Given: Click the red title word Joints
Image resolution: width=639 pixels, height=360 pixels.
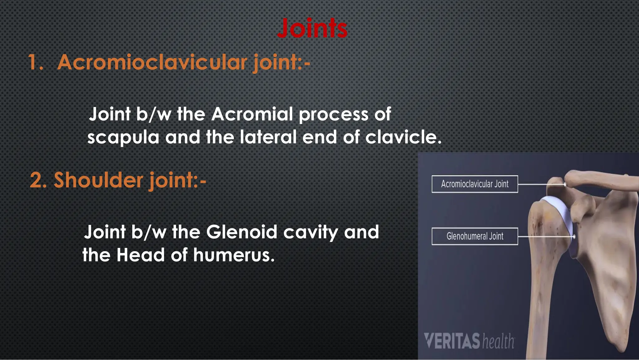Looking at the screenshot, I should coord(312,28).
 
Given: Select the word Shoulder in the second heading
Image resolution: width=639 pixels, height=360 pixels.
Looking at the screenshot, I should coord(98,180).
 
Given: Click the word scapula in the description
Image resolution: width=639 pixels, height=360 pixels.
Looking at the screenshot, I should coord(123,138).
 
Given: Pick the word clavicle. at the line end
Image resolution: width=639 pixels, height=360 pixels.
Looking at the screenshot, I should coord(403,137).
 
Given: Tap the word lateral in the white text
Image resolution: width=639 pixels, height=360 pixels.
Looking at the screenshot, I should coord(268,137).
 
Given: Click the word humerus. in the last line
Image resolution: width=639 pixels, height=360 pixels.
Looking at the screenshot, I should coord(234,255).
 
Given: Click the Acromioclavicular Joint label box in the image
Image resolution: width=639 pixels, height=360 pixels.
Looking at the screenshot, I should coord(475,184).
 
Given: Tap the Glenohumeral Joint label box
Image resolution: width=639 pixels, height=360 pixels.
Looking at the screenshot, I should coord(475,236).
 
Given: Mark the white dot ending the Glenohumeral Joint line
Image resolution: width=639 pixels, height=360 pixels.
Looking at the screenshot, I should coord(574,237).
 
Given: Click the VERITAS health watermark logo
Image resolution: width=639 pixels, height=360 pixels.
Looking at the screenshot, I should coord(469,341).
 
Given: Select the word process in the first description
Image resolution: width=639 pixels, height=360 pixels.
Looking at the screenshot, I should coord(334,115).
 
